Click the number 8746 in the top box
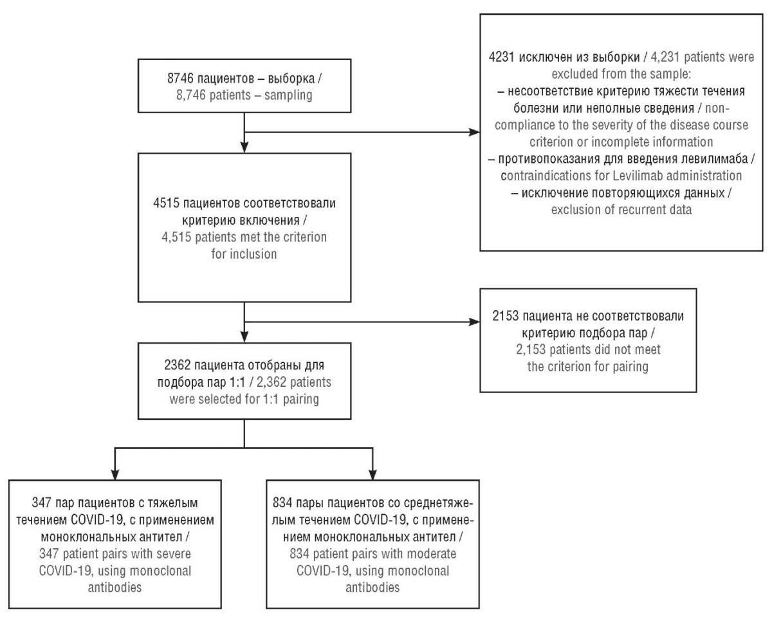(x=180, y=79)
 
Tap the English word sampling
(x=288, y=95)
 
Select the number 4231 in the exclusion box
(x=502, y=57)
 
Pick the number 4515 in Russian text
(x=166, y=203)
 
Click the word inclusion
(x=253, y=254)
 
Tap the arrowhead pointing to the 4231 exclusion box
(x=474, y=132)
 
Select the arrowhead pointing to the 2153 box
(x=474, y=322)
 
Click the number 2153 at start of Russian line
(x=506, y=316)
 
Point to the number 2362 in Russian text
(x=177, y=365)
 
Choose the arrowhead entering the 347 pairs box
(x=115, y=474)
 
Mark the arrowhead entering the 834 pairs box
(x=372, y=474)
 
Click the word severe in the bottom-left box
(x=173, y=554)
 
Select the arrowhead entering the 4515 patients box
(x=244, y=147)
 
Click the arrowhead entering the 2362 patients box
(x=244, y=337)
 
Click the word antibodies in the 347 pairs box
(x=115, y=588)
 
